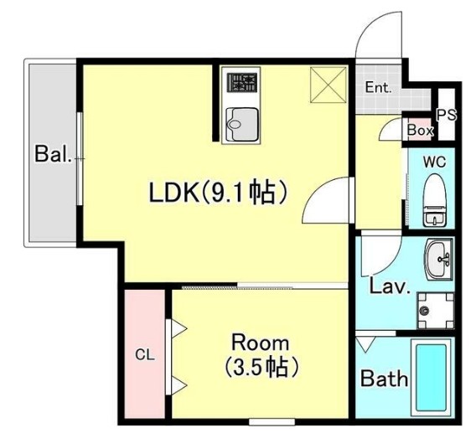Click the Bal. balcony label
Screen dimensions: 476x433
click(x=54, y=154)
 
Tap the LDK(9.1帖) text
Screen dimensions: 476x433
click(x=218, y=192)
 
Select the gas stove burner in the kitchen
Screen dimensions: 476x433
click(x=242, y=82)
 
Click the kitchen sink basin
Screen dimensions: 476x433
click(x=242, y=124)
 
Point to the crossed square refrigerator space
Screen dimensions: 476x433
click(x=329, y=85)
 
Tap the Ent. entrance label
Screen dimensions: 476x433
click(x=378, y=88)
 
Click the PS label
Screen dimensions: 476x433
click(x=446, y=115)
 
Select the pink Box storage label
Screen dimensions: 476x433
click(x=420, y=131)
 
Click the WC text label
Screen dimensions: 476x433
click(x=435, y=162)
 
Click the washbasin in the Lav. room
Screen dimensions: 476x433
click(x=439, y=260)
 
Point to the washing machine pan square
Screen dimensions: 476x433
click(x=436, y=311)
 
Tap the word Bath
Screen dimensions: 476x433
click(x=384, y=379)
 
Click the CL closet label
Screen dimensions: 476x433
click(x=145, y=354)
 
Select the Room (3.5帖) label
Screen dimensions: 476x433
click(x=260, y=355)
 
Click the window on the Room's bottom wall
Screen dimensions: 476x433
click(x=272, y=422)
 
